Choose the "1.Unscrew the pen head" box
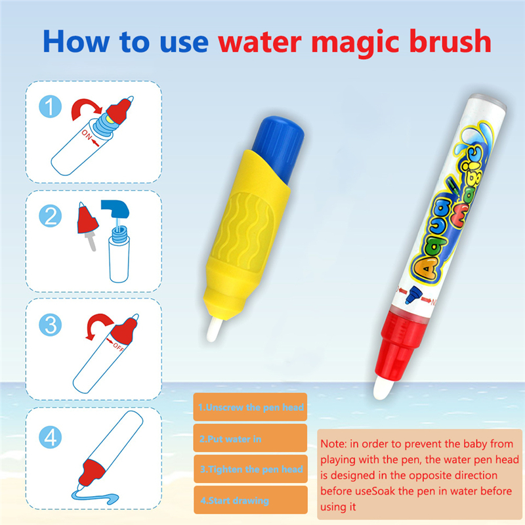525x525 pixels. (x=251, y=408)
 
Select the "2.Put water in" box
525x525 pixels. (x=251, y=438)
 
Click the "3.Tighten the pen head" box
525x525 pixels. (x=251, y=469)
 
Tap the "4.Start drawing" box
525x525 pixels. (x=251, y=500)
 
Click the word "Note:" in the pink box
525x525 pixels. (x=334, y=443)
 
